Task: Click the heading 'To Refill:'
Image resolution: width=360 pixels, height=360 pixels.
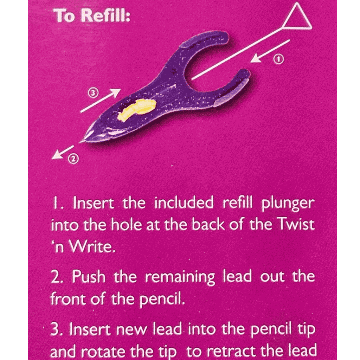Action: point(92,15)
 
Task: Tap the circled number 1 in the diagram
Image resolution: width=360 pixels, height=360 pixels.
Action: point(278,59)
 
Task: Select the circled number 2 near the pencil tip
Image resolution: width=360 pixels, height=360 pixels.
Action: point(73,159)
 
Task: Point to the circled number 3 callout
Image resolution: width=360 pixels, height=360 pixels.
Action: point(93,93)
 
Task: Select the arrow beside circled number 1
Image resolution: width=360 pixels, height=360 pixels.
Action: point(270,51)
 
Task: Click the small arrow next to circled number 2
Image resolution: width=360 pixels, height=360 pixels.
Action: point(63,152)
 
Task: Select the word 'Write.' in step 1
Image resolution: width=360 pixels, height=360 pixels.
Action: point(92,246)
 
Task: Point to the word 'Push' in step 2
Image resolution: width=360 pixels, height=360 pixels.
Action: point(89,276)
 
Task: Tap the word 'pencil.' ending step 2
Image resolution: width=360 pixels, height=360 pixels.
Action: point(162,300)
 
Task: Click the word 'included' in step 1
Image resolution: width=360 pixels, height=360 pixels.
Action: point(184,203)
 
